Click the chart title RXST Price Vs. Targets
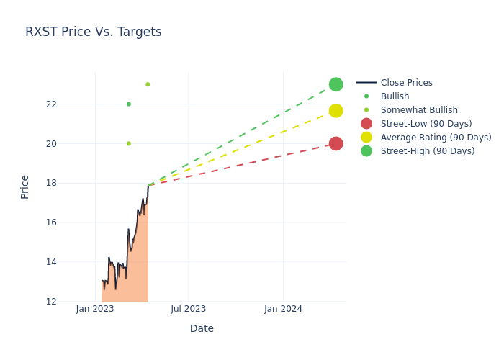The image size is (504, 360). [x=94, y=32]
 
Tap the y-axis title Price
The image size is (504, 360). [x=25, y=186]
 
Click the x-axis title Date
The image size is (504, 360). [x=202, y=329]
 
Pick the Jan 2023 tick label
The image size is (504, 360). [x=95, y=309]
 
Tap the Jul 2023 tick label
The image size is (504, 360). [x=189, y=309]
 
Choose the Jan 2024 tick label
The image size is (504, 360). [x=283, y=309]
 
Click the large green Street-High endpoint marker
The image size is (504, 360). [x=336, y=84]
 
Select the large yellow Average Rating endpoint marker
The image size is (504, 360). [x=336, y=111]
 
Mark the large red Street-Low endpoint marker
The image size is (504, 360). [x=336, y=144]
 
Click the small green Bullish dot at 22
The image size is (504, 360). [x=129, y=104]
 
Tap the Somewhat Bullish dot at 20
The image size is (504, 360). [x=129, y=144]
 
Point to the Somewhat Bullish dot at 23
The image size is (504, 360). [x=148, y=84]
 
